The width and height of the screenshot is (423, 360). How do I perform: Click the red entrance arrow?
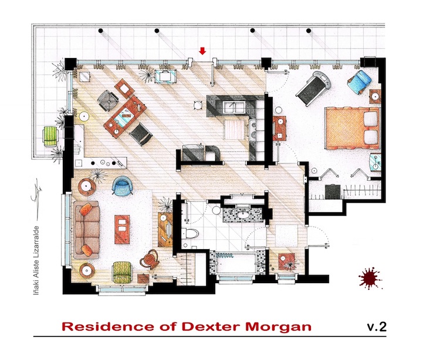202,50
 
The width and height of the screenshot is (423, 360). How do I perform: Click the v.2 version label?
377,327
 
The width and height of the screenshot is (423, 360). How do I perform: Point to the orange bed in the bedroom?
353,128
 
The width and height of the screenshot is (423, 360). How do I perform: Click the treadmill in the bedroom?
314,88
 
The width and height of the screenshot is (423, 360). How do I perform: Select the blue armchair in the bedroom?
359,81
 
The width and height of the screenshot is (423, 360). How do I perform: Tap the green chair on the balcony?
50,136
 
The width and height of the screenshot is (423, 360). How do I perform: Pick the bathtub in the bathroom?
236,262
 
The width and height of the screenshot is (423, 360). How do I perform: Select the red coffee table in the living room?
122,229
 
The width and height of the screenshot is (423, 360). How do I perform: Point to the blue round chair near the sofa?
123,185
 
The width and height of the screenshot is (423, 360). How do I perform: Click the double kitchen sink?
235,108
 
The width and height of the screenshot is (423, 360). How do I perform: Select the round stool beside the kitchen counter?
198,106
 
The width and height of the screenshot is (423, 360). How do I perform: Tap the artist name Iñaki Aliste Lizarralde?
36,260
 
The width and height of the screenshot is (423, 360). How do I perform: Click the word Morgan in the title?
278,327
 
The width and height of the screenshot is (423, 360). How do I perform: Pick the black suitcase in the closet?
333,192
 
